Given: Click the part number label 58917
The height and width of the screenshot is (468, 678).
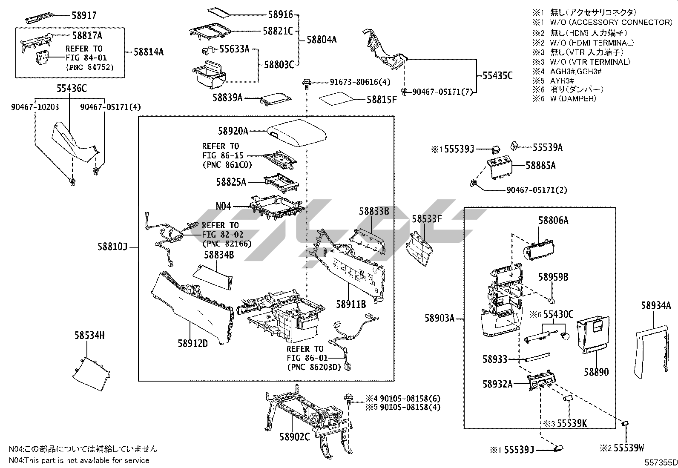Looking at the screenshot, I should [x=84, y=15].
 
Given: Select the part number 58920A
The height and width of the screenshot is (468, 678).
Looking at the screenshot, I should [x=233, y=132].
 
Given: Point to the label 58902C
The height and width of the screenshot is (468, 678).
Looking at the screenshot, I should [x=295, y=437].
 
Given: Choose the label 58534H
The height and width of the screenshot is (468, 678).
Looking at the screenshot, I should [x=89, y=336].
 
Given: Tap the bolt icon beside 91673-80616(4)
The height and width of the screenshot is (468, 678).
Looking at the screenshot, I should [x=306, y=83].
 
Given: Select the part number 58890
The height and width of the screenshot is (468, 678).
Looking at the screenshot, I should [x=596, y=372].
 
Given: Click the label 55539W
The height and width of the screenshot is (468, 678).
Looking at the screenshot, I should [x=629, y=448].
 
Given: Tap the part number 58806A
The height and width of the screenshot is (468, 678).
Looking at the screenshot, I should [x=553, y=220].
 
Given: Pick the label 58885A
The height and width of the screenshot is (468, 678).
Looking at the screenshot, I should [x=540, y=165].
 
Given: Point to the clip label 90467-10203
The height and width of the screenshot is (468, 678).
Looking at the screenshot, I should [x=35, y=107].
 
